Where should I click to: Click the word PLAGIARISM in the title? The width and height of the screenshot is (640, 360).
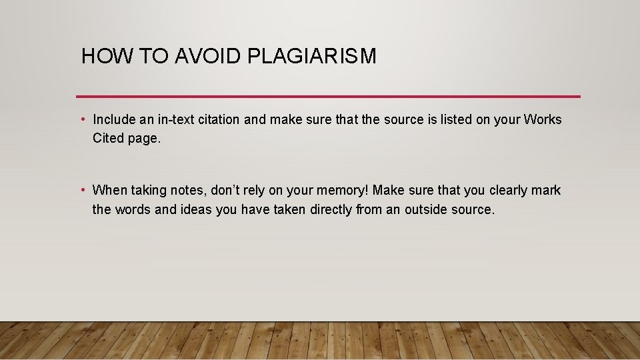pyautogui.click(x=311, y=57)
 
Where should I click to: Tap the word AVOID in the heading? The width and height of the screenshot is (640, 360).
pyautogui.click(x=208, y=57)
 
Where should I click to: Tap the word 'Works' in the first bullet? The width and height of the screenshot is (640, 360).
pyautogui.click(x=543, y=120)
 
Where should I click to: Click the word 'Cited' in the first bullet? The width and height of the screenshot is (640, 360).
pyautogui.click(x=108, y=139)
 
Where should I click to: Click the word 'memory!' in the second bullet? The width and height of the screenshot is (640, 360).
pyautogui.click(x=345, y=191)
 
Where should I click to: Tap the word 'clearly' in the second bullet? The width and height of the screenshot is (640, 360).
pyautogui.click(x=508, y=191)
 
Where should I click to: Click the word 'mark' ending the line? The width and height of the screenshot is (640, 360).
pyautogui.click(x=547, y=191)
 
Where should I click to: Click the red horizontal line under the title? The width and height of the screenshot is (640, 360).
pyautogui.click(x=328, y=96)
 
